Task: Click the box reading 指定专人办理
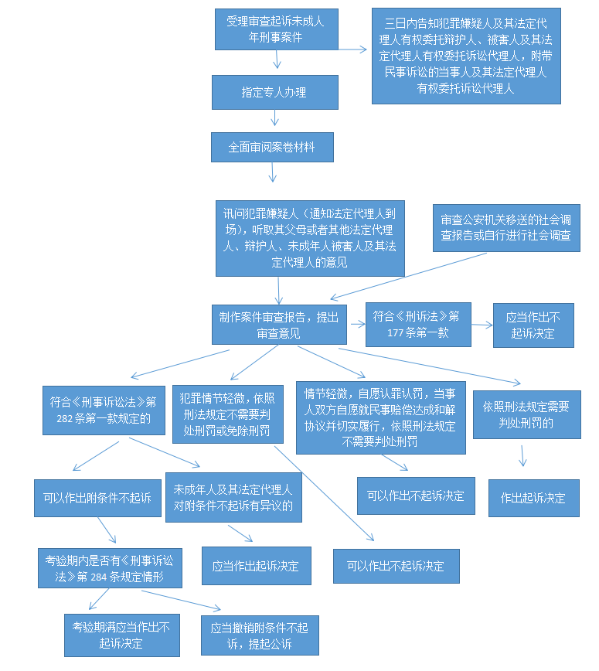click(x=275, y=93)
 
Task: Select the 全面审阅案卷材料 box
click(x=272, y=147)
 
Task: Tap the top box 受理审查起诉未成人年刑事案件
click(x=277, y=29)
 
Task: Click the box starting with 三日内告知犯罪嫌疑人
click(x=466, y=56)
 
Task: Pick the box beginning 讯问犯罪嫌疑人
click(x=310, y=238)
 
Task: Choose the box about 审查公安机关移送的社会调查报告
click(x=506, y=228)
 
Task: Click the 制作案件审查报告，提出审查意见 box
click(x=279, y=325)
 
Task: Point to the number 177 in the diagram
click(x=396, y=333)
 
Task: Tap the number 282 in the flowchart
click(x=65, y=418)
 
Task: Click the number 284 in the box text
click(x=98, y=577)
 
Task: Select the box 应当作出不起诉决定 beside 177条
click(x=533, y=325)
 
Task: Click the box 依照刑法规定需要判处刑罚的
click(x=527, y=414)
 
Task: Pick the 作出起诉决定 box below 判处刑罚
click(x=534, y=498)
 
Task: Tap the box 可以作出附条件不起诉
click(x=97, y=498)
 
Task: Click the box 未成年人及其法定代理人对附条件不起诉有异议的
click(x=233, y=497)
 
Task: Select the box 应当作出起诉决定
click(x=257, y=566)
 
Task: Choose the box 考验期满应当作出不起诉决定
click(x=122, y=635)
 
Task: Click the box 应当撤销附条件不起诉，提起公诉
click(x=260, y=635)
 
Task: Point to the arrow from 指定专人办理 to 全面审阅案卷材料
click(x=274, y=118)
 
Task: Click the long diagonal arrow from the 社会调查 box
click(x=409, y=276)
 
